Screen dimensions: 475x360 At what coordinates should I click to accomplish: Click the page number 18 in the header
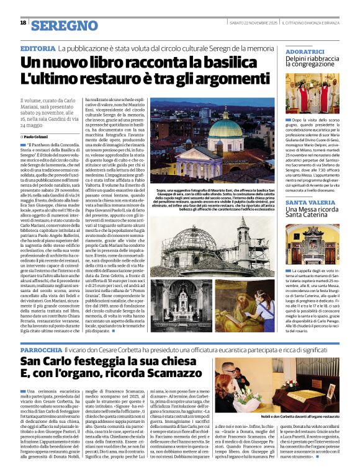pyautogui.click(x=23, y=23)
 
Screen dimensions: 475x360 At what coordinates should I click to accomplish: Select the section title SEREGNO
pyautogui.click(x=65, y=25)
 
